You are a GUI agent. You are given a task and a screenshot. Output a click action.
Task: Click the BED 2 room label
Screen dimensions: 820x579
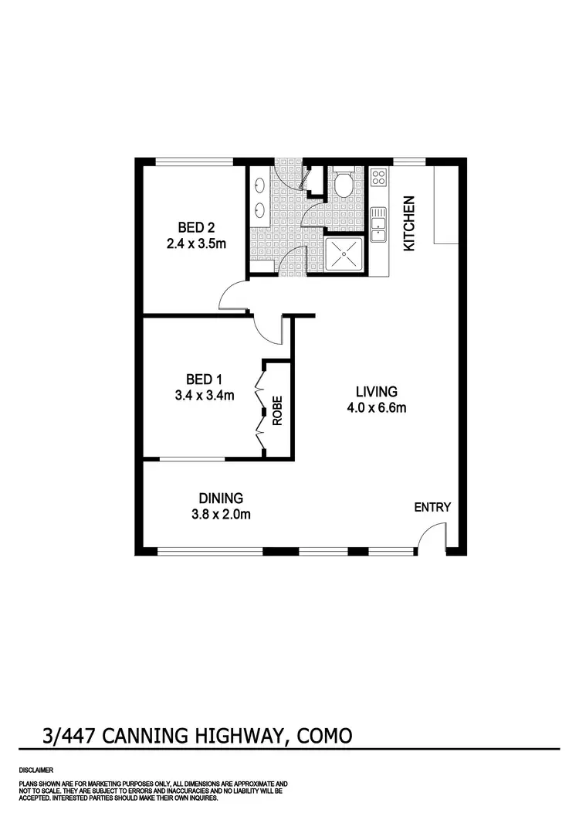coord(195,227)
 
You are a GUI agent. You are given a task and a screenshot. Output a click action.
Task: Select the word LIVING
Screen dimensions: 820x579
coord(376,391)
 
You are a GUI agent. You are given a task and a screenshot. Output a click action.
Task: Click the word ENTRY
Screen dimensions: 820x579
coord(432,507)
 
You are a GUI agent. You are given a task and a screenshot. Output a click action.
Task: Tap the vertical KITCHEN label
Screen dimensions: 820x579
coord(410,223)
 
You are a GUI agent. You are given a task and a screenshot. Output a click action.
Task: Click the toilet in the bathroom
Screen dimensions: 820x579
coord(344,184)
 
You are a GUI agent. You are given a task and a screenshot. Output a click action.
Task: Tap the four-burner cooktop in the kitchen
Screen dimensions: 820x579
coord(378,179)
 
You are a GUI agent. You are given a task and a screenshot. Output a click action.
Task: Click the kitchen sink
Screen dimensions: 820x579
coord(378,224)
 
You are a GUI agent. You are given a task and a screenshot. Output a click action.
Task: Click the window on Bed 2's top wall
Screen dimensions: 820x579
coord(194,162)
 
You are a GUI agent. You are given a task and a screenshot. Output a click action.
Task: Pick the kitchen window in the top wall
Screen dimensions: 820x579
coord(409,162)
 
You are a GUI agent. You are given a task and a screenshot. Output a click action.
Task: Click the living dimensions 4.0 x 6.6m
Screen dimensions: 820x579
coord(376,408)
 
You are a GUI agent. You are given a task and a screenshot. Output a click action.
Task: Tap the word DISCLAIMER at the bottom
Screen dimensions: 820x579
coord(36,771)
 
